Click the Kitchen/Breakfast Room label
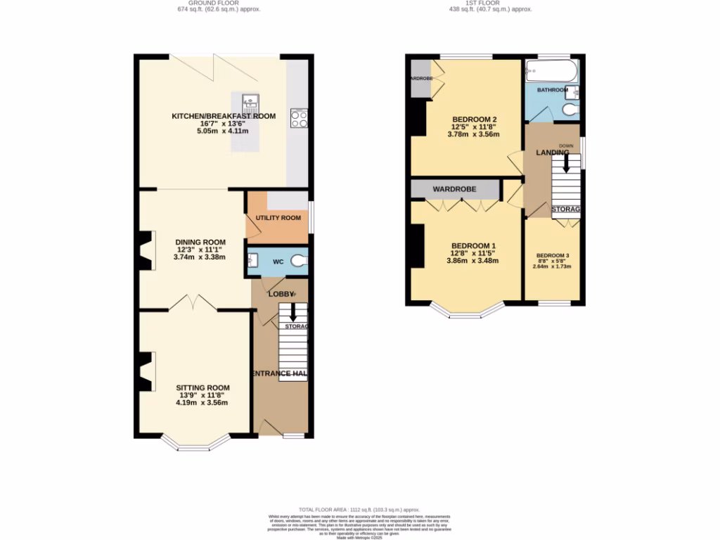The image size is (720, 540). coord(224,116)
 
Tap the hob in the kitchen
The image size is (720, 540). coord(298,118)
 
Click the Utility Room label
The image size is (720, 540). coord(278,218)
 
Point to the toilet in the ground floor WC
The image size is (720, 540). coord(301,261)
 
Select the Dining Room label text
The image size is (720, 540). coord(200,242)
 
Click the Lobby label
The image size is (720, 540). coord(280,293)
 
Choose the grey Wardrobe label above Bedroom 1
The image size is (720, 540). coord(454,189)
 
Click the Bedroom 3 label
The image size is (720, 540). coord(553,255)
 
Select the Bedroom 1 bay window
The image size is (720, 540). coord(468,310)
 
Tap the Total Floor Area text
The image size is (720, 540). coord(359,509)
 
